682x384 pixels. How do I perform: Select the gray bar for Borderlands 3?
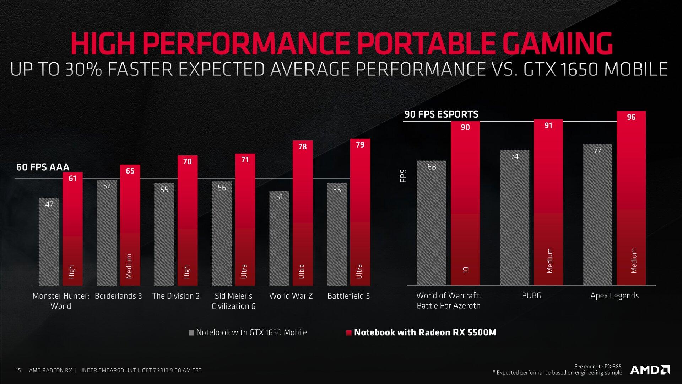pyautogui.click(x=107, y=235)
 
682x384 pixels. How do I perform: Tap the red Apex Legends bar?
pyautogui.click(x=631, y=199)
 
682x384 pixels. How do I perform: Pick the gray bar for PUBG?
pyautogui.click(x=515, y=220)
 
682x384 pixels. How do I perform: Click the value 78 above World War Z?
pyautogui.click(x=302, y=146)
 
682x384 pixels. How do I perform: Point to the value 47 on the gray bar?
pyautogui.click(x=49, y=204)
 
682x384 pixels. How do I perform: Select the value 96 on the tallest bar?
pyautogui.click(x=631, y=117)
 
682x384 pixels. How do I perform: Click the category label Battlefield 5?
pyautogui.click(x=348, y=296)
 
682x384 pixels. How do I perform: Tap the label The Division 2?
pyautogui.click(x=176, y=296)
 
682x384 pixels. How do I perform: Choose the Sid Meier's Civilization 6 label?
pyautogui.click(x=233, y=301)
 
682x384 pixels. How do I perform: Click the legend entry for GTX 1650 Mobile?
pyautogui.click(x=248, y=332)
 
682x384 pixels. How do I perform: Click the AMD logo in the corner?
pyautogui.click(x=650, y=370)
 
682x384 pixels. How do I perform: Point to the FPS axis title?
pyautogui.click(x=403, y=176)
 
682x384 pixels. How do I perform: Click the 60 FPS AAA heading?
pyautogui.click(x=43, y=167)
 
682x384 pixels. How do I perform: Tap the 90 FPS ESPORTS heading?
pyautogui.click(x=442, y=114)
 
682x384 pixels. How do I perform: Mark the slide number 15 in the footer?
pyautogui.click(x=18, y=370)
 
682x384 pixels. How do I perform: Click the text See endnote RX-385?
pyautogui.click(x=598, y=366)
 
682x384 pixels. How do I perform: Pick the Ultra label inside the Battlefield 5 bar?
pyautogui.click(x=359, y=271)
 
